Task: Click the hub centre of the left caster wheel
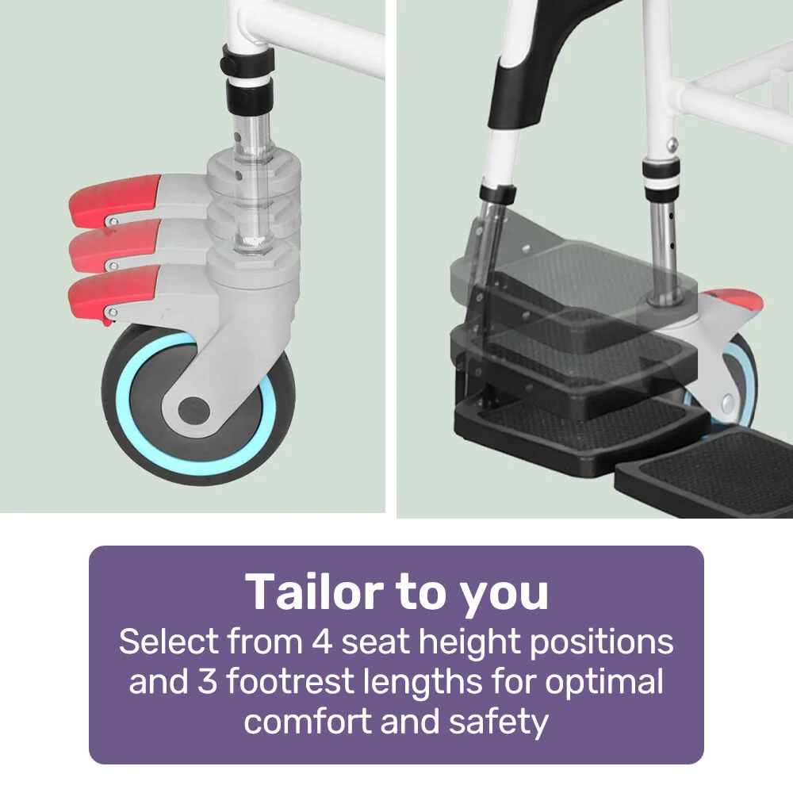point(193,409)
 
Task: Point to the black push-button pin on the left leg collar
point(224,63)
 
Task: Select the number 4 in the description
point(321,642)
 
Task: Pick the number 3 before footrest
point(207,681)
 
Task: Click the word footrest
point(289,680)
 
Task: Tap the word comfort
point(308,721)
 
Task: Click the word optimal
point(603,680)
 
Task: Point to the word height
point(469,643)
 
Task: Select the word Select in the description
point(169,642)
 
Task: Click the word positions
point(601,643)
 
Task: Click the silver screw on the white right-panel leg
point(672,145)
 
